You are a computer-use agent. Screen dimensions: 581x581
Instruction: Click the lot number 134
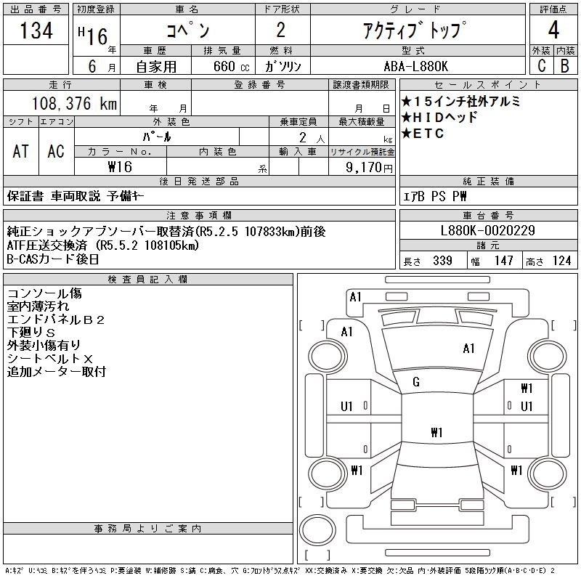[36, 32]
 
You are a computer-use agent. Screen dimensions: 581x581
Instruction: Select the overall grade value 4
[553, 31]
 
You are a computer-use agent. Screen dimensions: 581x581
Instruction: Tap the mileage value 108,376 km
[75, 104]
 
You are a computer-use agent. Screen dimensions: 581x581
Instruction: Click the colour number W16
[121, 167]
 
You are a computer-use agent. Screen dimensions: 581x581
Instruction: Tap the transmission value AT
[21, 151]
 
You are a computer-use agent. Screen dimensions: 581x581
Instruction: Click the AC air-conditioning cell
[56, 151]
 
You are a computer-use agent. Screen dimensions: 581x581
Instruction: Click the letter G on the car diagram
[416, 382]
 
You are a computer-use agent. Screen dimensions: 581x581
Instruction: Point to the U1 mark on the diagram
[346, 406]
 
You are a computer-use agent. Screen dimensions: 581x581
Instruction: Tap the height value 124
[561, 261]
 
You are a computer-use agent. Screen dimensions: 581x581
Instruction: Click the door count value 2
[281, 31]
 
